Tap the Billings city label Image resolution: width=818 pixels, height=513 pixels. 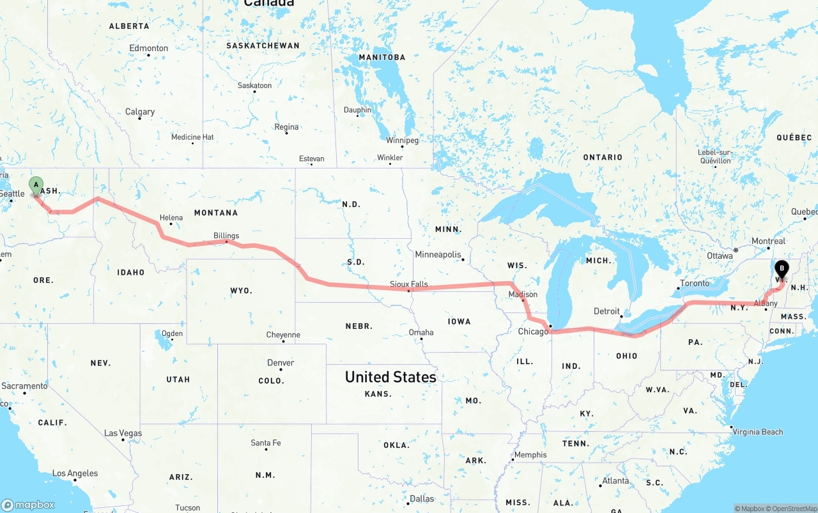(226, 236)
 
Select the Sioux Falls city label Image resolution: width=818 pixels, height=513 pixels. (409, 284)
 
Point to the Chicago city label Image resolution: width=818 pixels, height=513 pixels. (533, 332)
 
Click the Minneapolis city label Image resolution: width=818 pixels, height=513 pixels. (438, 254)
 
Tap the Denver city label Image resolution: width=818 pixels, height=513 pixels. (281, 362)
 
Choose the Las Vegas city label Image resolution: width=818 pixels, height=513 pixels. (123, 433)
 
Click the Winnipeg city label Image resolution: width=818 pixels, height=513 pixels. (402, 140)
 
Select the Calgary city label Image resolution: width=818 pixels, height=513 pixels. (140, 112)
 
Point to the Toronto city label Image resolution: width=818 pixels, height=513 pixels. (695, 283)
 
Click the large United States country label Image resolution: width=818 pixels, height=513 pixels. (390, 377)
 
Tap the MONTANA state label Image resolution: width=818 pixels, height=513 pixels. (216, 213)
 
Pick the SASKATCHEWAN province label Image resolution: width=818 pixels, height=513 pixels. (263, 46)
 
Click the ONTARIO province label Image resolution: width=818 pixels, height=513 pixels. (602, 157)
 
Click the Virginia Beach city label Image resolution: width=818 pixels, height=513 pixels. (758, 432)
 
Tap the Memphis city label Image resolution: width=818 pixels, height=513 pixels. (530, 455)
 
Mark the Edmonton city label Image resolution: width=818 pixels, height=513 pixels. (149, 48)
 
